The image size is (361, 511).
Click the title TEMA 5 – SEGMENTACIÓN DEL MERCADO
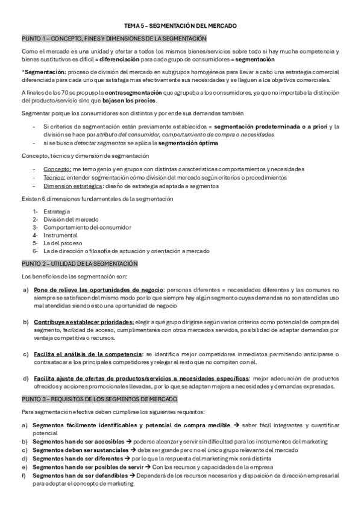click(x=180, y=27)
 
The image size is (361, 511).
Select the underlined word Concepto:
click(x=55, y=169)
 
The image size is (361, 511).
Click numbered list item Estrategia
click(x=56, y=212)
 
